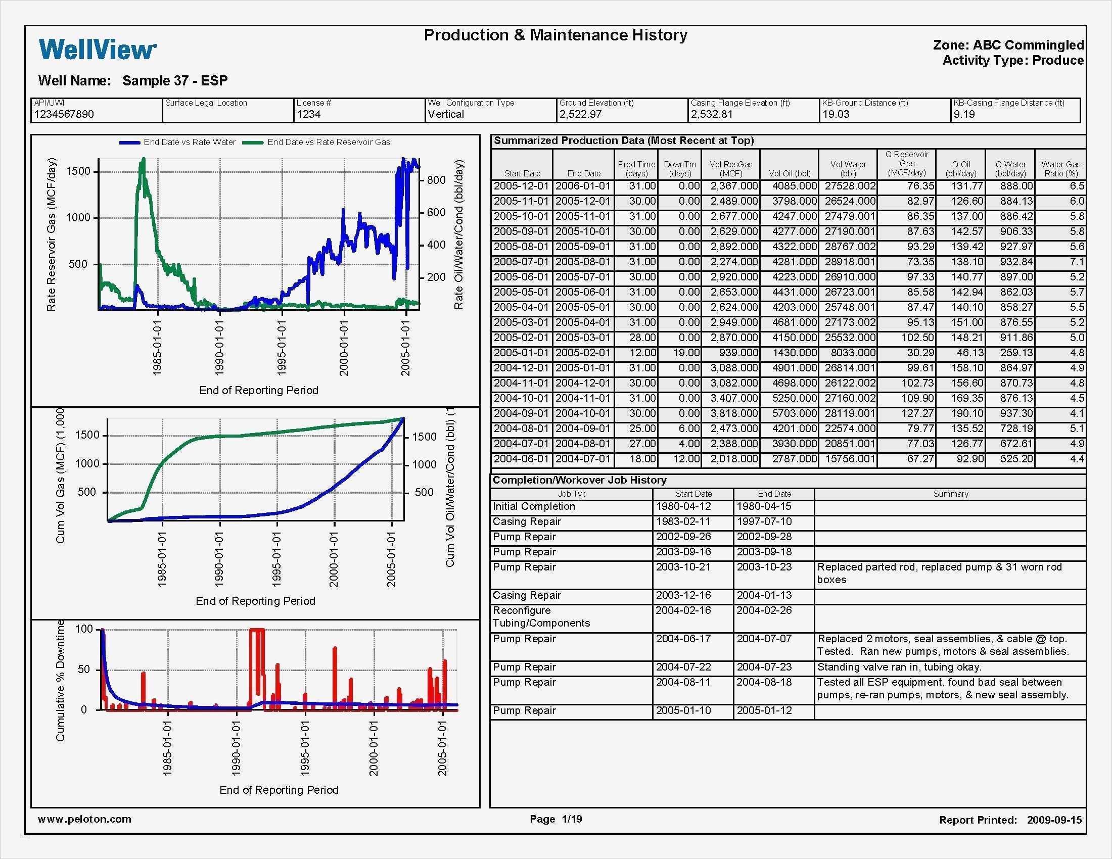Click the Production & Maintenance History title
point(555,35)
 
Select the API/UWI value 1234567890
point(64,115)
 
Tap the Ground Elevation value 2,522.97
point(580,115)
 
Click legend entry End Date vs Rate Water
point(190,142)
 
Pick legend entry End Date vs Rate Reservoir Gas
point(329,142)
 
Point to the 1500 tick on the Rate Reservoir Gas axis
point(78,171)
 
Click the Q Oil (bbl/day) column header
point(961,169)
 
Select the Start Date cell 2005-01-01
point(522,353)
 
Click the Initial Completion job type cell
point(534,507)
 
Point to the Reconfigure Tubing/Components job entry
point(541,617)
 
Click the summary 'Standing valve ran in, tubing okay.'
point(899,667)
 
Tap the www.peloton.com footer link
point(84,819)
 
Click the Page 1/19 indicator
point(555,819)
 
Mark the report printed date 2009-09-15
point(1054,820)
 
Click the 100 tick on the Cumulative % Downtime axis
point(84,630)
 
